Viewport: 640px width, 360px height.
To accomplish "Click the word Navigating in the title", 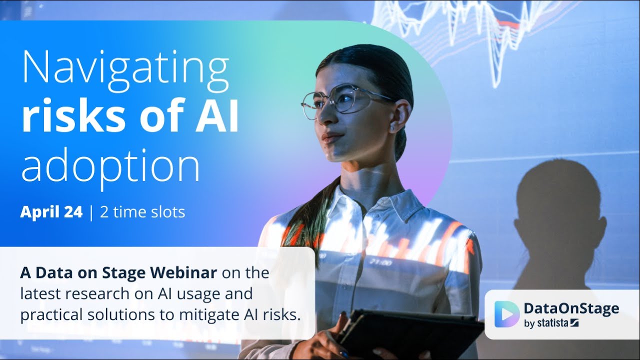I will pos(125,70).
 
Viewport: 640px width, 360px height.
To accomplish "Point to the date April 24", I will pos(51,212).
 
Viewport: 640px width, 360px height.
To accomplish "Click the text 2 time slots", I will pos(142,212).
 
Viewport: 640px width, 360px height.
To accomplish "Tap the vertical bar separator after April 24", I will pos(91,212).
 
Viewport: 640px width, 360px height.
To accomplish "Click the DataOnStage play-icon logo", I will pos(506,314).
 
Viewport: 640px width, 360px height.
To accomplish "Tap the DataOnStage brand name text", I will pos(571,308).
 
